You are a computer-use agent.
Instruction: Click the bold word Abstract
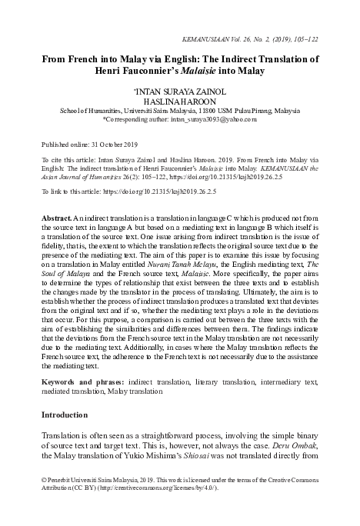point(56,219)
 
